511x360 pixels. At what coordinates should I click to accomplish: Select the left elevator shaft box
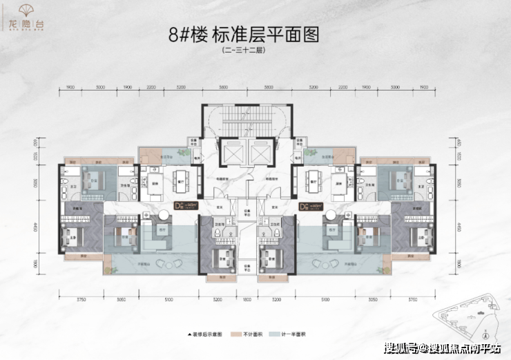[x=229, y=155]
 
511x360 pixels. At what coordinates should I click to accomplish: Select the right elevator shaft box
[x=260, y=155]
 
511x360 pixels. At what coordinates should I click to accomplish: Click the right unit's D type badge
[x=305, y=205]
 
